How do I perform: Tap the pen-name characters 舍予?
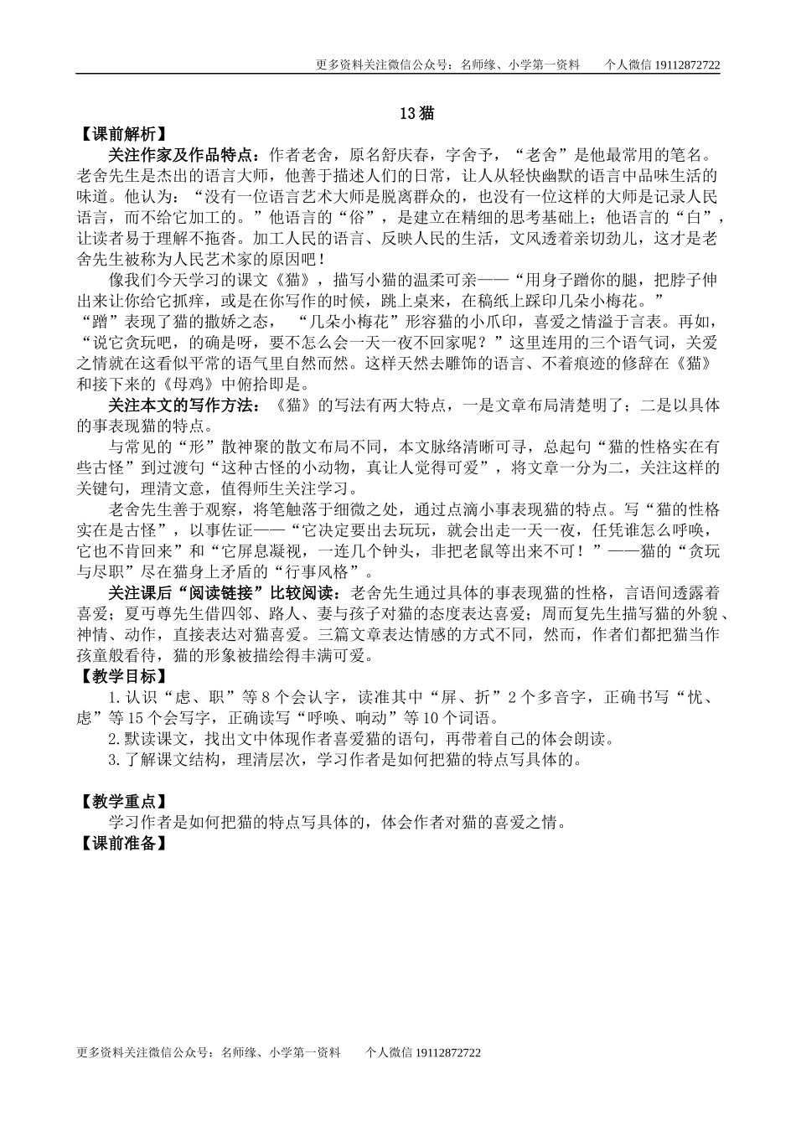(479, 155)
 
